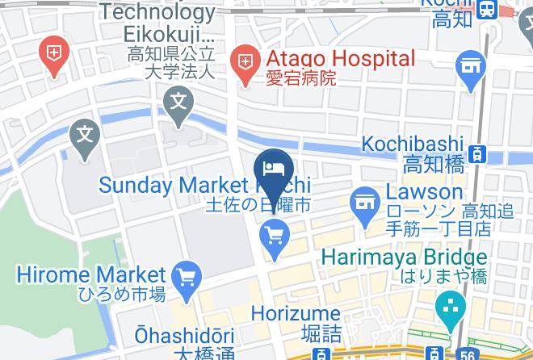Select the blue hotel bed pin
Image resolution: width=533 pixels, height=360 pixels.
tap(273, 169)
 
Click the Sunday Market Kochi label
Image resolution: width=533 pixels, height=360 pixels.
tap(204, 185)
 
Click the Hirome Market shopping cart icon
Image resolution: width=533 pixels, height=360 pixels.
tap(187, 276)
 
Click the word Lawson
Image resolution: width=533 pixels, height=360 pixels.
tap(424, 192)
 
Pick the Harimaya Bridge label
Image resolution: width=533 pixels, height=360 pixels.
tap(405, 258)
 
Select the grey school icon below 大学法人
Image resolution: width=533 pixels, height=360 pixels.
tap(178, 102)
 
